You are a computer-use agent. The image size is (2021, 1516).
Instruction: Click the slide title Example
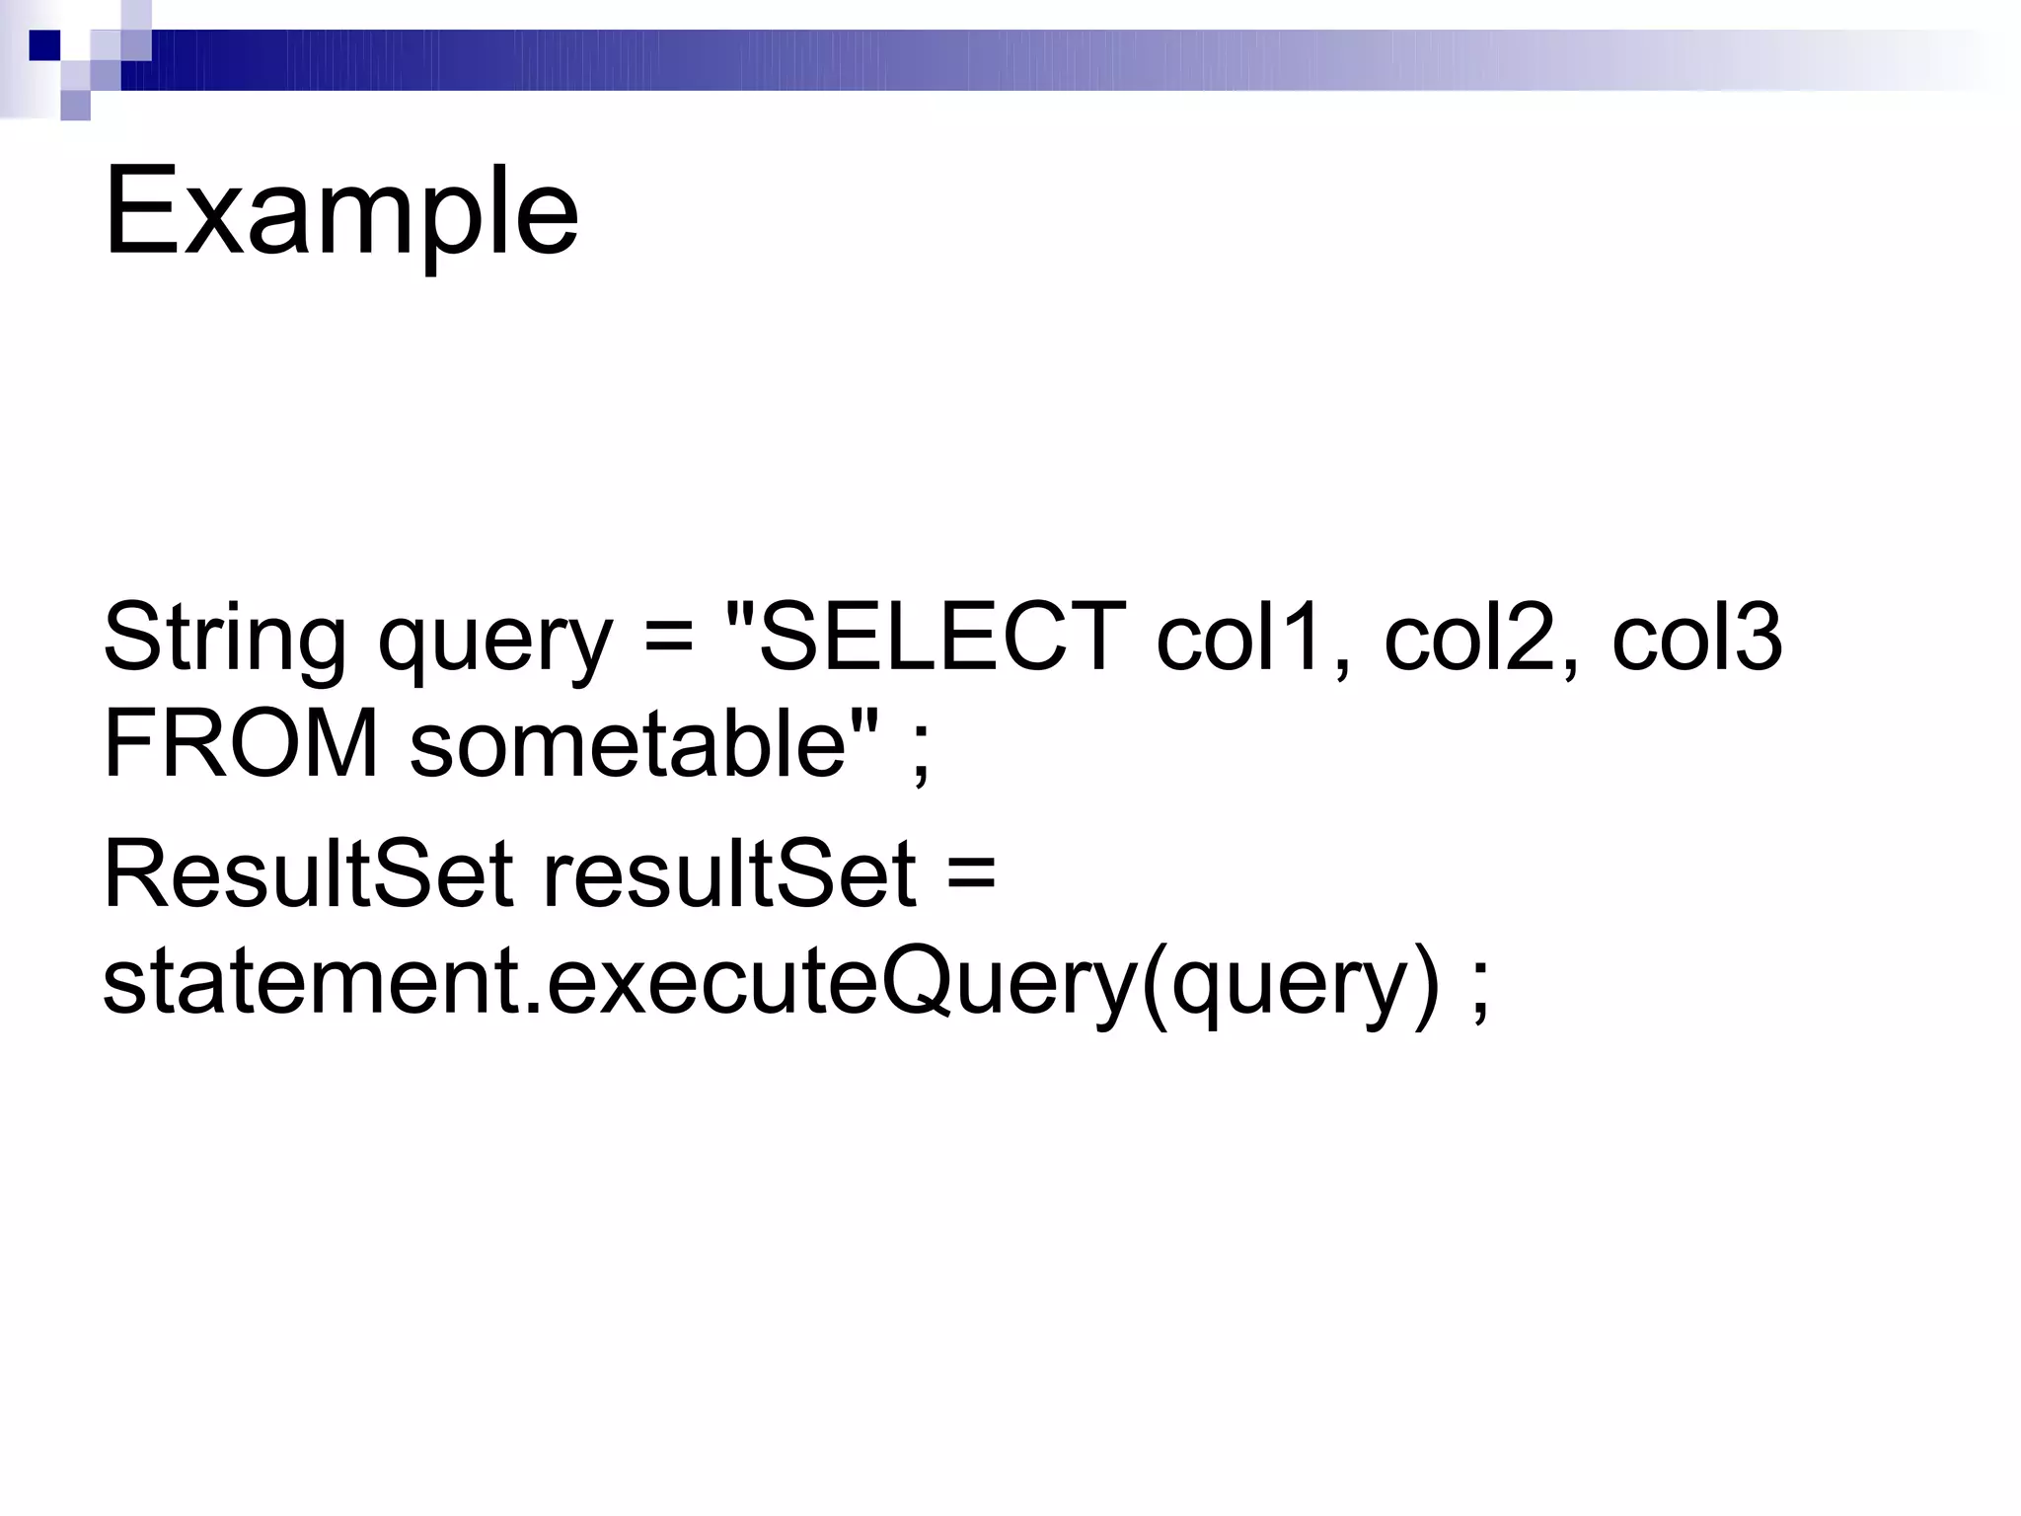[x=340, y=213]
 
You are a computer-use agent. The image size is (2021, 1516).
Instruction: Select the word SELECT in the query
[x=941, y=638]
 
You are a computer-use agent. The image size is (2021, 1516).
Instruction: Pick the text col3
[x=1697, y=638]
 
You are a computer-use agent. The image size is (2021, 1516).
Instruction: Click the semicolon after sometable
[x=921, y=756]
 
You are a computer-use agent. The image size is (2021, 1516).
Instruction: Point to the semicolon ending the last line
[x=1479, y=993]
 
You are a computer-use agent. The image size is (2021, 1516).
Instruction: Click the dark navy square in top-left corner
[x=43, y=45]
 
